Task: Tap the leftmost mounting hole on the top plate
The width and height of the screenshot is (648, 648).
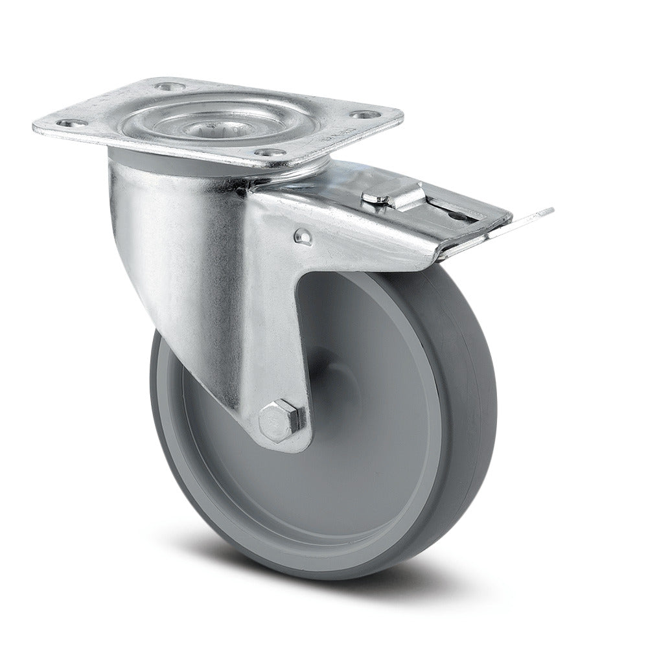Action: click(x=65, y=121)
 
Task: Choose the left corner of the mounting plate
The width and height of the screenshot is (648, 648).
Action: click(x=36, y=123)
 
